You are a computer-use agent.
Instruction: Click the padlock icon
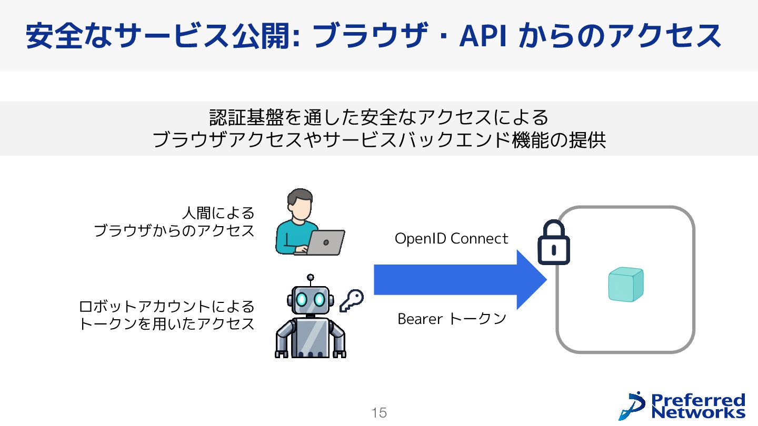[553, 243]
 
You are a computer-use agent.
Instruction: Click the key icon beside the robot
[351, 301]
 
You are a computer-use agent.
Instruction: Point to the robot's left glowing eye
[302, 299]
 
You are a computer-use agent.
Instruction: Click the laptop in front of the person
[325, 242]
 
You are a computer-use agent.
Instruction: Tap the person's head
[300, 205]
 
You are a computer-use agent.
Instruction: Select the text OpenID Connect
[451, 239]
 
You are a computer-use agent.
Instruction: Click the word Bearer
[420, 319]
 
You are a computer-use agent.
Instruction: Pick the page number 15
[379, 413]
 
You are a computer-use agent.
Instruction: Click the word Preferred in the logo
[698, 400]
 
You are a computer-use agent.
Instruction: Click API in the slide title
[483, 36]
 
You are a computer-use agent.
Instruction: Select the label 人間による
[218, 213]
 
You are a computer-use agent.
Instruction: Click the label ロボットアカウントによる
[166, 306]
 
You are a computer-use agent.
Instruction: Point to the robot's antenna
[311, 279]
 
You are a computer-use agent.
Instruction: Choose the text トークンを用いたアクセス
[166, 323]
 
